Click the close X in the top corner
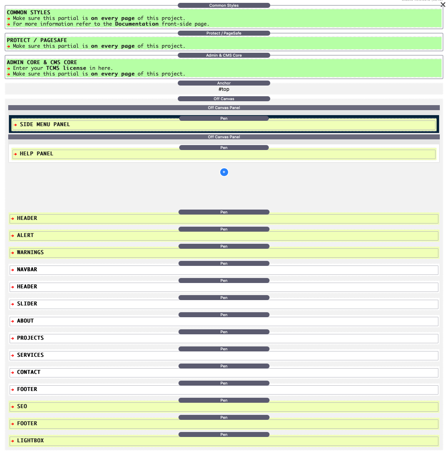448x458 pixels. tap(443, 5)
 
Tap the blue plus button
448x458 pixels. tap(224, 172)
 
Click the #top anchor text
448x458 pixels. tap(224, 89)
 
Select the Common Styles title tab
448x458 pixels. tap(224, 5)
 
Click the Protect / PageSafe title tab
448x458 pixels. tap(224, 33)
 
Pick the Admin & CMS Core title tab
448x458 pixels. tap(224, 55)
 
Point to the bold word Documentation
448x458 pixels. tap(137, 24)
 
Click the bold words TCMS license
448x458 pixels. tap(66, 68)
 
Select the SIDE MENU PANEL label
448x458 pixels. tap(45, 124)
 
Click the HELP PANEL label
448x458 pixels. tap(36, 154)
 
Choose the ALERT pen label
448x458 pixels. tap(25, 235)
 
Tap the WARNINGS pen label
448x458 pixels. tap(30, 252)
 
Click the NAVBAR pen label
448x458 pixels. tap(27, 269)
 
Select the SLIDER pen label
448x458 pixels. tap(27, 304)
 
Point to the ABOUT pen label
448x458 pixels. tap(25, 321)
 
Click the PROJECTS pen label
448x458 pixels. tap(30, 338)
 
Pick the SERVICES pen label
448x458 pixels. tap(30, 355)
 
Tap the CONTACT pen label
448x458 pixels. tap(29, 372)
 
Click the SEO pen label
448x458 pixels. tap(22, 406)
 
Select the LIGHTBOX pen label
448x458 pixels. tap(30, 441)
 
